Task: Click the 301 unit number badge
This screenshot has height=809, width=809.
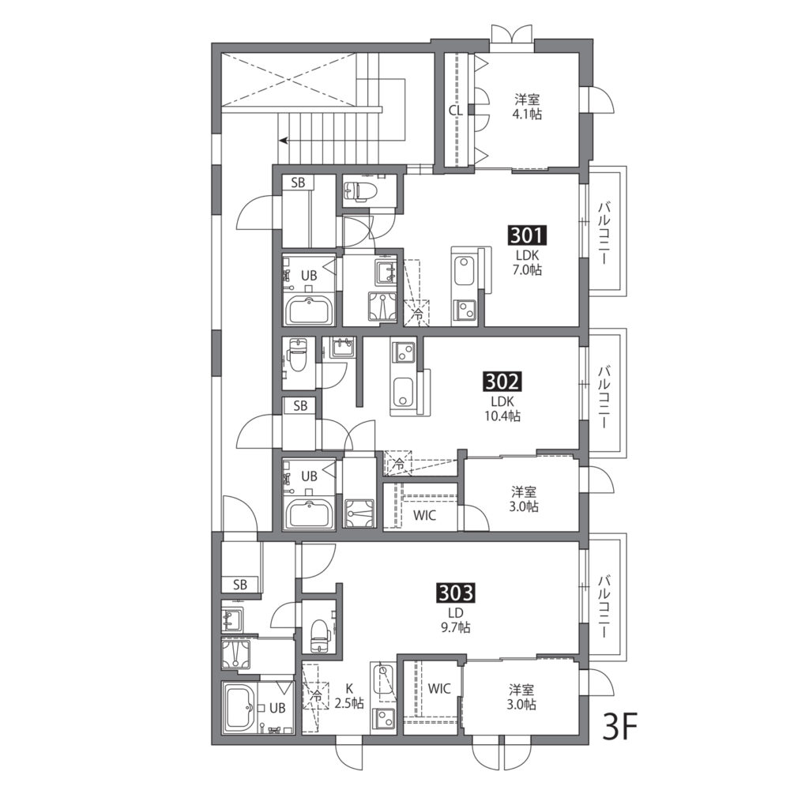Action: tap(527, 235)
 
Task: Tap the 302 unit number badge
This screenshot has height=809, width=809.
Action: tap(502, 382)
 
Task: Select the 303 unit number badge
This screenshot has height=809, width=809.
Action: tap(456, 593)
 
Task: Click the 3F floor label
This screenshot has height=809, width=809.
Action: tap(621, 727)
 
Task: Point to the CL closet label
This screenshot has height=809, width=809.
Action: tap(456, 111)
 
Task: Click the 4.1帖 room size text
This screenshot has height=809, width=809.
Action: tap(527, 115)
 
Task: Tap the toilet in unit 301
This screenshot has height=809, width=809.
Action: tap(360, 192)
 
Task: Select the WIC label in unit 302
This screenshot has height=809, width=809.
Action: tap(424, 515)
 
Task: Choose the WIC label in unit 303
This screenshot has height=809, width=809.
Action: tap(439, 689)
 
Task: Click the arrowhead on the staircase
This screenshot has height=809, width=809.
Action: tap(284, 140)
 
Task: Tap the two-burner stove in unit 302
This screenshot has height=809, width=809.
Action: tap(402, 352)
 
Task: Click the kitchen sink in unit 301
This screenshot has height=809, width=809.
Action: tap(463, 272)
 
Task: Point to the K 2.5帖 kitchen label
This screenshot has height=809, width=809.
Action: tap(349, 696)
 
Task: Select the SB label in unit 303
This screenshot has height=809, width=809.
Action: tap(240, 585)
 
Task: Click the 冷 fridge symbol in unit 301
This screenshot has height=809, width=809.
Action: tap(417, 313)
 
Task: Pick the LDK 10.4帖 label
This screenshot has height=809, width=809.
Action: tap(502, 409)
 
